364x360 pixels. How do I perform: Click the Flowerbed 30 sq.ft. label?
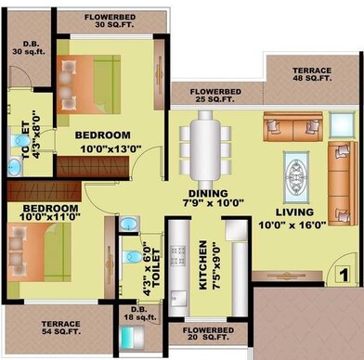(x=111, y=21)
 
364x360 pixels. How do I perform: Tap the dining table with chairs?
(x=206, y=146)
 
